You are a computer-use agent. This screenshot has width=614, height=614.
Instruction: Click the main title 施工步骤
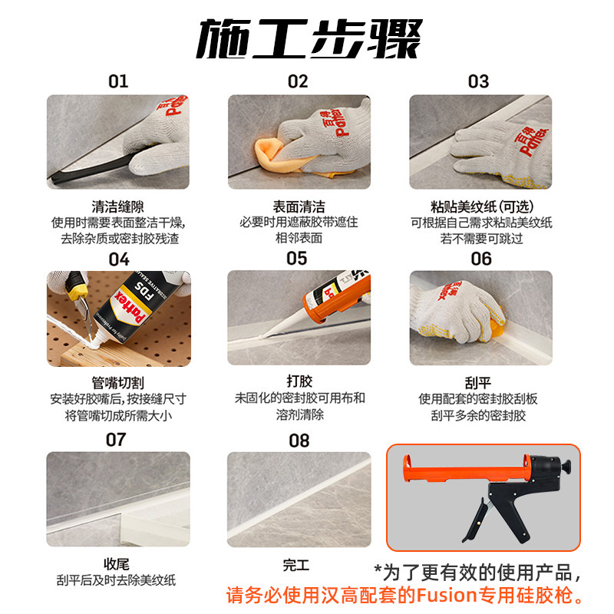[x=309, y=38]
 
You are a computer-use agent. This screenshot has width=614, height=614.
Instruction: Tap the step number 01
[x=118, y=81]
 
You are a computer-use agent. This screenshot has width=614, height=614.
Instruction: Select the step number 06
[x=481, y=259]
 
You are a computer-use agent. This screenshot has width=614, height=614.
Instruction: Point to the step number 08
[x=299, y=441]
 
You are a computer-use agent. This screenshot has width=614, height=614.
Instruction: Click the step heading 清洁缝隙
[x=118, y=206]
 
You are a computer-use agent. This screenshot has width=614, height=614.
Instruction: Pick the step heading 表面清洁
[x=299, y=206]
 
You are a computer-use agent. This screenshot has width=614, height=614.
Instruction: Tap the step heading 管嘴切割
[x=118, y=382]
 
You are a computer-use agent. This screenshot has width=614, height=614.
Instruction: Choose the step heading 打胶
[x=299, y=381]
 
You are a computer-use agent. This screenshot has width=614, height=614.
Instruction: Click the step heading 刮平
[x=477, y=382]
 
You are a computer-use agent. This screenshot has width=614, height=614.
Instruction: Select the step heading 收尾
[x=117, y=564]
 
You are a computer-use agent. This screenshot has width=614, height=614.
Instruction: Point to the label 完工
[x=296, y=565]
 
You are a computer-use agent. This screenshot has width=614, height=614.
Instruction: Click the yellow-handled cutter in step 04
[x=81, y=298]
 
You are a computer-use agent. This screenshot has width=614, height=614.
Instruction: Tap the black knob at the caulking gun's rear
[x=566, y=467]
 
